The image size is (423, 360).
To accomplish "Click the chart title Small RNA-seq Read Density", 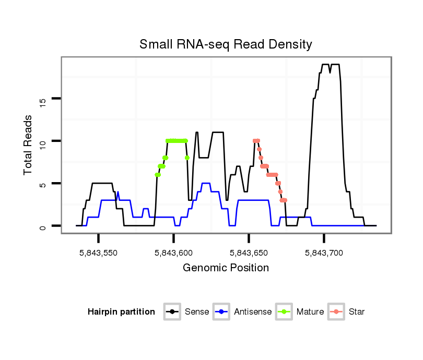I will click(x=226, y=44).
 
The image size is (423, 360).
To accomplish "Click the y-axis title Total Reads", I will click(x=29, y=145).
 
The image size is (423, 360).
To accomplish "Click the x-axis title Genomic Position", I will click(x=226, y=268).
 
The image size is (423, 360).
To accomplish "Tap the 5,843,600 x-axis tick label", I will click(x=173, y=253).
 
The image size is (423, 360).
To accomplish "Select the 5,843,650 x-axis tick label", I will click(x=249, y=253).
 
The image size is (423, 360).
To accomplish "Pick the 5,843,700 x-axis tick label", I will click(x=324, y=253).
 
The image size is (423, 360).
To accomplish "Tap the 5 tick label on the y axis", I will click(x=43, y=184).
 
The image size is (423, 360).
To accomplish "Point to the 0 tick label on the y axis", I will click(x=43, y=226).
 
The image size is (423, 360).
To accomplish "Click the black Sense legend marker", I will click(x=172, y=312).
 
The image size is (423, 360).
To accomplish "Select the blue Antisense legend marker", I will click(x=221, y=312).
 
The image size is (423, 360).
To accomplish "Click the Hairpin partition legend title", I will click(x=121, y=312).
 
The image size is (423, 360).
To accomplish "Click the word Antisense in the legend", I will click(x=252, y=312).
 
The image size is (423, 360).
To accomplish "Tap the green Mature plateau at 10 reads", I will click(x=177, y=140).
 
